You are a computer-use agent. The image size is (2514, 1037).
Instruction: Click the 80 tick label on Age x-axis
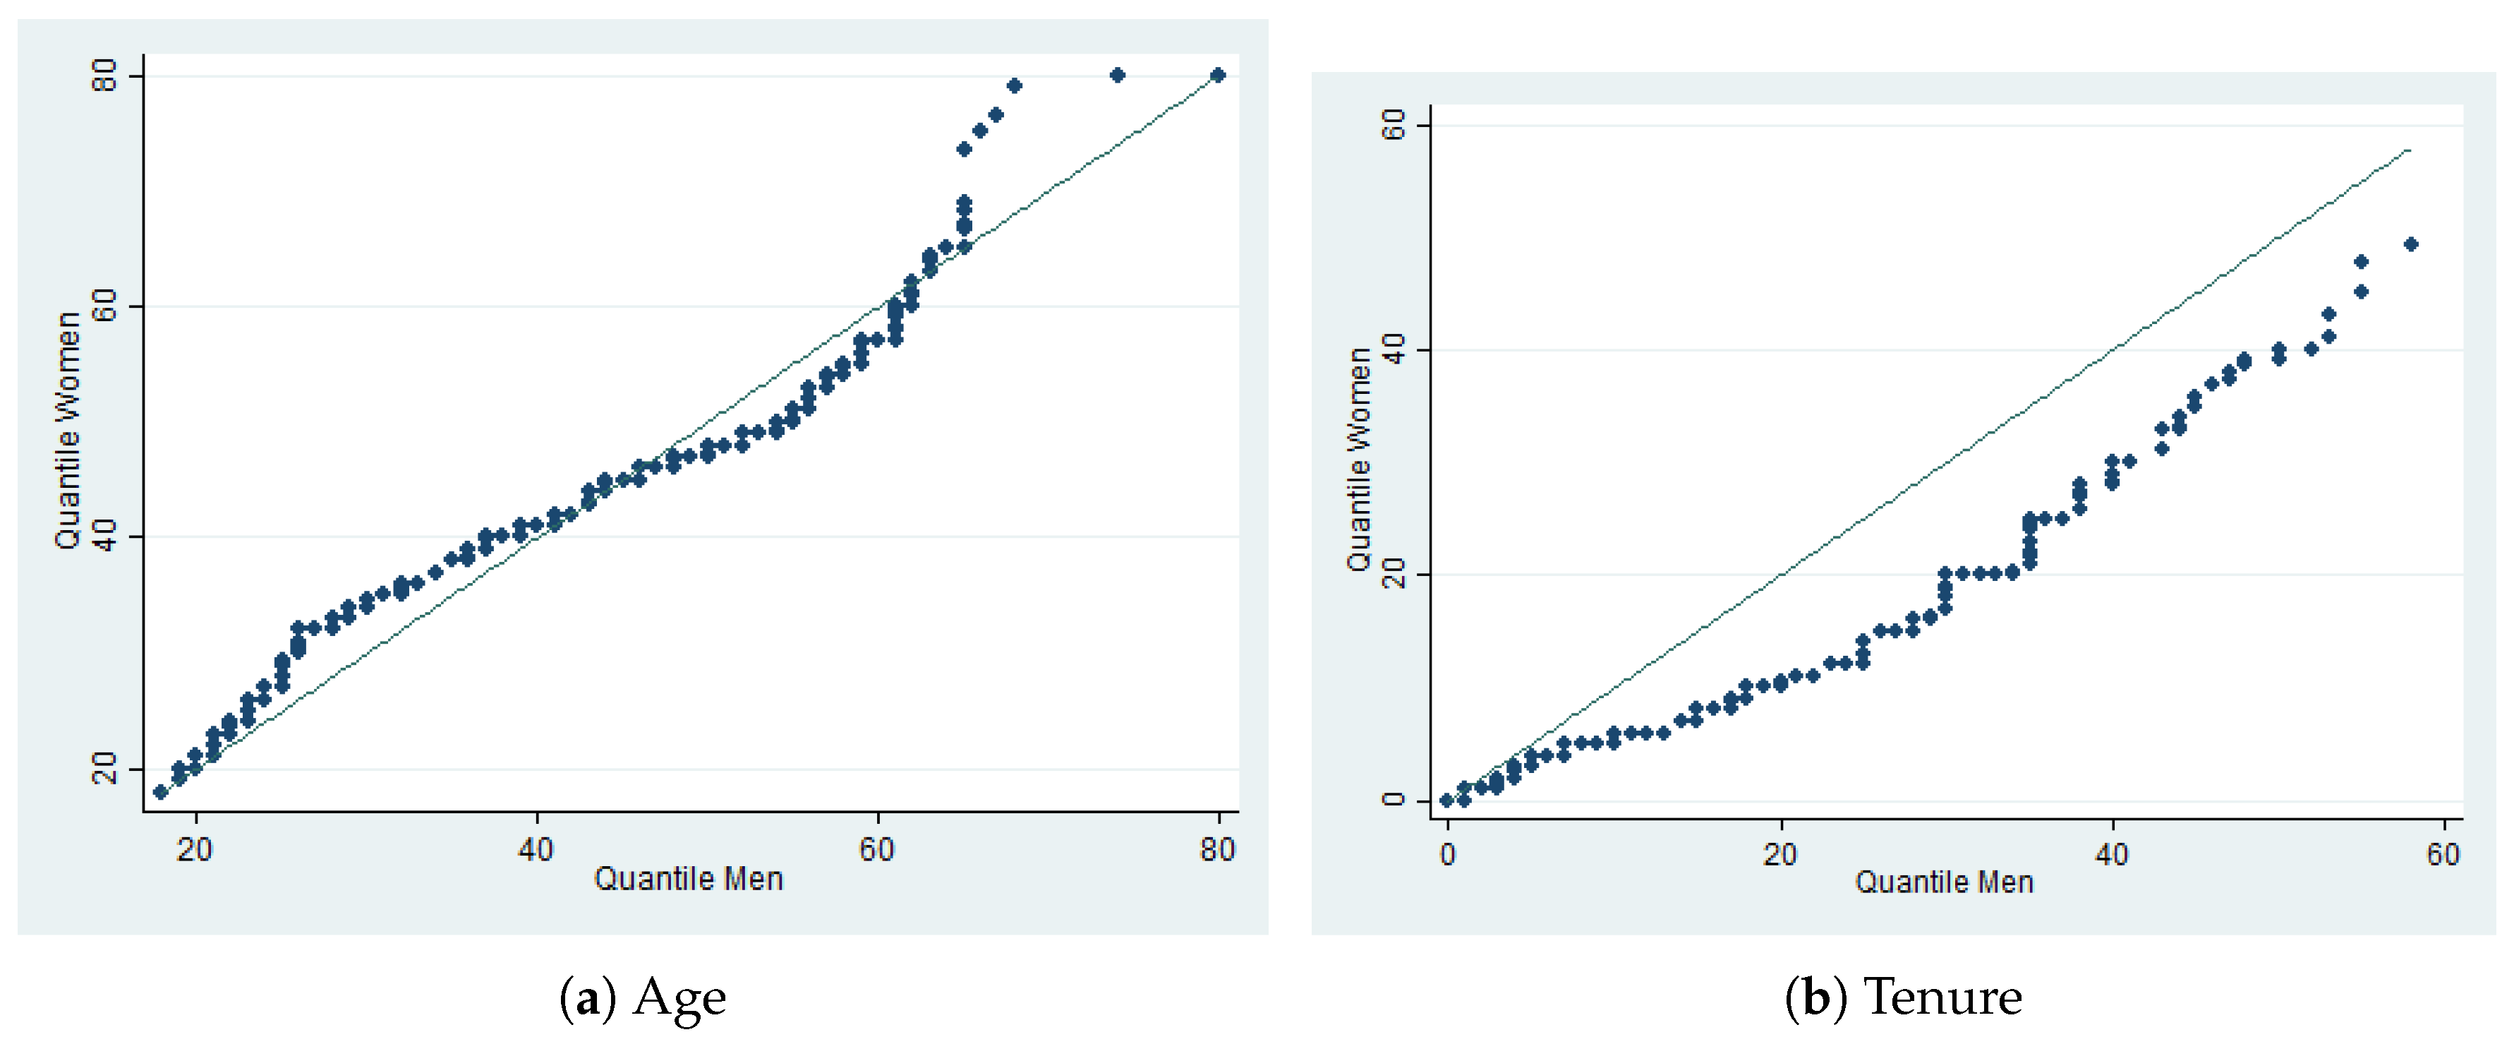[x=1217, y=849]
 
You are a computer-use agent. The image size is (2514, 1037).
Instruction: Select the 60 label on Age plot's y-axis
[x=104, y=306]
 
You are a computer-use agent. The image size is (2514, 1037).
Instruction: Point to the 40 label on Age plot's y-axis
[x=104, y=536]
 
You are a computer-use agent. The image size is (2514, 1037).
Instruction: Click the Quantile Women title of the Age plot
[x=67, y=431]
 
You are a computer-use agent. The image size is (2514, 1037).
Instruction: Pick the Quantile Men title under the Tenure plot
[x=1943, y=882]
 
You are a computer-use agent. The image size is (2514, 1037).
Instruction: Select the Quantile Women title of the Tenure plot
[x=1358, y=459]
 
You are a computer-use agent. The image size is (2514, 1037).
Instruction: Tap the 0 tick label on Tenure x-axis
[x=1447, y=854]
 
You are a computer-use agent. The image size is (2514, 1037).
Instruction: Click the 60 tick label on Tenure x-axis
[x=2443, y=854]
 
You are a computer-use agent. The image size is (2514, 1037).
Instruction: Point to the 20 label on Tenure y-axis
[x=1395, y=574]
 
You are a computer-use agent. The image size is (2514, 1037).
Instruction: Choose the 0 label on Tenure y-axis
[x=1395, y=798]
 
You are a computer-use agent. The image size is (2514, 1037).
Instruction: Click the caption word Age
[x=679, y=998]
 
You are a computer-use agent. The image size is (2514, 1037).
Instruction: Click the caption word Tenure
[x=1942, y=998]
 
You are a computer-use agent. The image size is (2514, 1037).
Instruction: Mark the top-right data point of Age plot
[x=1217, y=76]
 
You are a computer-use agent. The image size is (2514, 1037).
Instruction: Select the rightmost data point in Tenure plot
[x=2410, y=244]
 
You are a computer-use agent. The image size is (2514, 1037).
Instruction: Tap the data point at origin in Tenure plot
[x=1447, y=800]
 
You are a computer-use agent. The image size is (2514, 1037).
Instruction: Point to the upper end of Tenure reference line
[x=2409, y=150]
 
